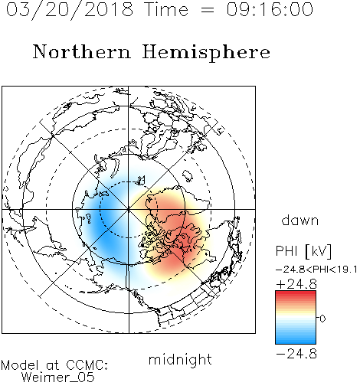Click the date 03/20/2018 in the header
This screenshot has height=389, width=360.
[70, 10]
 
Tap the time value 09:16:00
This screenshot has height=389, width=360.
[270, 9]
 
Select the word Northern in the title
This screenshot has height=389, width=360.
[82, 51]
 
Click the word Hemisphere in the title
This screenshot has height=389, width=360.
[206, 53]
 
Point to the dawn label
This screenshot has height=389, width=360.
[300, 220]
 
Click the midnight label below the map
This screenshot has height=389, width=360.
[180, 360]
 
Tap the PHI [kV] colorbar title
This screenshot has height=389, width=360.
[303, 251]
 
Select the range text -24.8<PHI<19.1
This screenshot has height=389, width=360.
[316, 270]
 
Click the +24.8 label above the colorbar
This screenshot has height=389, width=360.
[296, 284]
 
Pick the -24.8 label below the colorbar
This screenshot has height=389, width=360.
[296, 354]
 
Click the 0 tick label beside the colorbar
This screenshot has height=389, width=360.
[322, 319]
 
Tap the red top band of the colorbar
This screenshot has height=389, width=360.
[296, 293]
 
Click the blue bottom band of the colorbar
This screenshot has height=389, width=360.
[296, 341]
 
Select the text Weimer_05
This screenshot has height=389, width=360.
[58, 378]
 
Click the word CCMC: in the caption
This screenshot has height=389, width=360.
[87, 365]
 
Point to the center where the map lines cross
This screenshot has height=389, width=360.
[129, 210]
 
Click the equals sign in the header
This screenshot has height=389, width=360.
[208, 10]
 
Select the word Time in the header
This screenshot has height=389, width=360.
[166, 9]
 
